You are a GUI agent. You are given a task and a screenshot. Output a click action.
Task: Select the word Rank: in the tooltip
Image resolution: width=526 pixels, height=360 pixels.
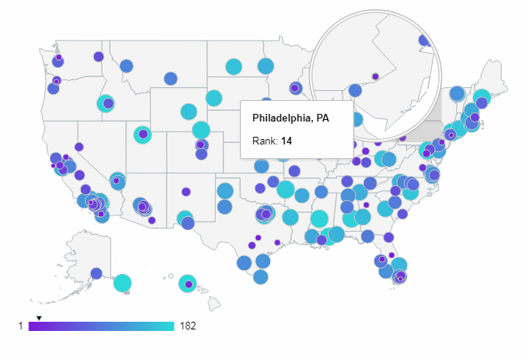[265, 141]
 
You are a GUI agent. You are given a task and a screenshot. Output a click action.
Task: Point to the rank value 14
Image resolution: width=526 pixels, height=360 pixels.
[287, 141]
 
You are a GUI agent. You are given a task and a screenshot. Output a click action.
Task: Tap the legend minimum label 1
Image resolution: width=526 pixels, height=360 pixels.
[21, 326]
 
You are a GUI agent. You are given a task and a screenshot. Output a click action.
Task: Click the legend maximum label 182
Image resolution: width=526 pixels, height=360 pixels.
[187, 326]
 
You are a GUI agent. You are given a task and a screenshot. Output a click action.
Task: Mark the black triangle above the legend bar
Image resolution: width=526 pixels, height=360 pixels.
[39, 317]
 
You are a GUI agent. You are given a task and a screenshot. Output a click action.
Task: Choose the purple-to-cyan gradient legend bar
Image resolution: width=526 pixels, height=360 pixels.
[101, 326]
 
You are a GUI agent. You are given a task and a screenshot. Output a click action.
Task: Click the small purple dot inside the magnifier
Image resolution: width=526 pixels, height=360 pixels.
[375, 76]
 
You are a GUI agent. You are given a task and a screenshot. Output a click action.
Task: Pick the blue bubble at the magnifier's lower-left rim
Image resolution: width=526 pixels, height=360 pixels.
[355, 90]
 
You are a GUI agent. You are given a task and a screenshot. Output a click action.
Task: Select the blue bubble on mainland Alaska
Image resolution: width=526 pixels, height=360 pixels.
[96, 273]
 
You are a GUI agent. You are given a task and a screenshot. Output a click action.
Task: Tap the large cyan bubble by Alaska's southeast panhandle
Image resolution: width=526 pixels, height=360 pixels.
[122, 284]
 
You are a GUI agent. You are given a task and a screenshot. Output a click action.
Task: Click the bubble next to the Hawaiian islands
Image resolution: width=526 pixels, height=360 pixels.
[187, 284]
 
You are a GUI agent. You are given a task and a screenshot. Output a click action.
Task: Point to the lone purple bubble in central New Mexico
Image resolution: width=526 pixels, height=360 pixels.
[186, 192]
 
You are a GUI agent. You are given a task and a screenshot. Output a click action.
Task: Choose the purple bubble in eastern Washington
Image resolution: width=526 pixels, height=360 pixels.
[99, 57]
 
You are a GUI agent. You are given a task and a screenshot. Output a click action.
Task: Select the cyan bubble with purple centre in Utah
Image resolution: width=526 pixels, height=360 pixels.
[142, 135]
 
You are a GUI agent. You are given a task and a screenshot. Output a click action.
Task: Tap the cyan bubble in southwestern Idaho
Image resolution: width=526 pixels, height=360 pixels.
[106, 103]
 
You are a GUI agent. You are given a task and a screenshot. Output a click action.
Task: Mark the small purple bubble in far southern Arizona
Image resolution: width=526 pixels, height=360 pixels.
[152, 220]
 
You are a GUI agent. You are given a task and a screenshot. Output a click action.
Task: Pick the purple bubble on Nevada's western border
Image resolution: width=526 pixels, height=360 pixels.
[79, 147]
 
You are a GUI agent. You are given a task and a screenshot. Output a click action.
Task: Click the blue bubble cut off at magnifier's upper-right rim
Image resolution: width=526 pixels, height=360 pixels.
[425, 41]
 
